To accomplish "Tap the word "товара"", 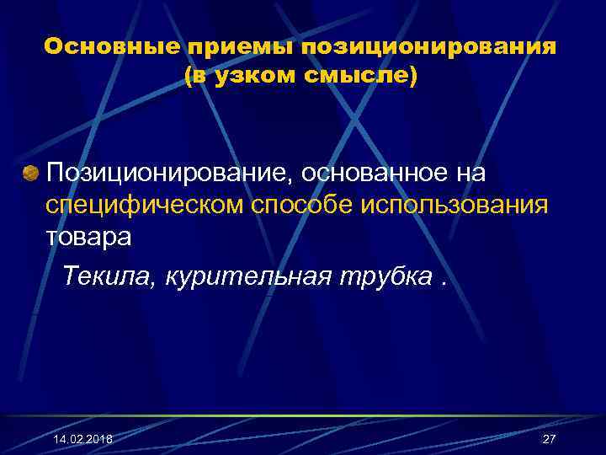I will click(x=88, y=238).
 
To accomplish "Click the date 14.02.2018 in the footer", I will click(x=82, y=440).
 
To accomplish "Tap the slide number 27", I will click(x=550, y=440).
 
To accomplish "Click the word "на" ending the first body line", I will click(x=469, y=173).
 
